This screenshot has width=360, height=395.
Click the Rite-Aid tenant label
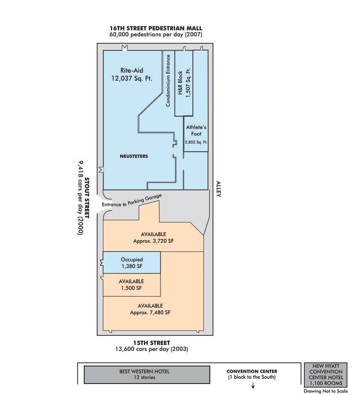(132, 70)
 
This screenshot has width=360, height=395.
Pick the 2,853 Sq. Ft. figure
(196, 142)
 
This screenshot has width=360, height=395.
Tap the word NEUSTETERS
(134, 156)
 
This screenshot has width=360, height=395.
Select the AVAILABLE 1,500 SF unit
(132, 284)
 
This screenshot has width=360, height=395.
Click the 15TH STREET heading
(152, 343)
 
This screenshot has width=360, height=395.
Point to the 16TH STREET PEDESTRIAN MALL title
(156, 27)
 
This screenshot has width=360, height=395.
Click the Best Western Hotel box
(144, 374)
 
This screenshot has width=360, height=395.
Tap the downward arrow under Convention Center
(253, 386)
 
